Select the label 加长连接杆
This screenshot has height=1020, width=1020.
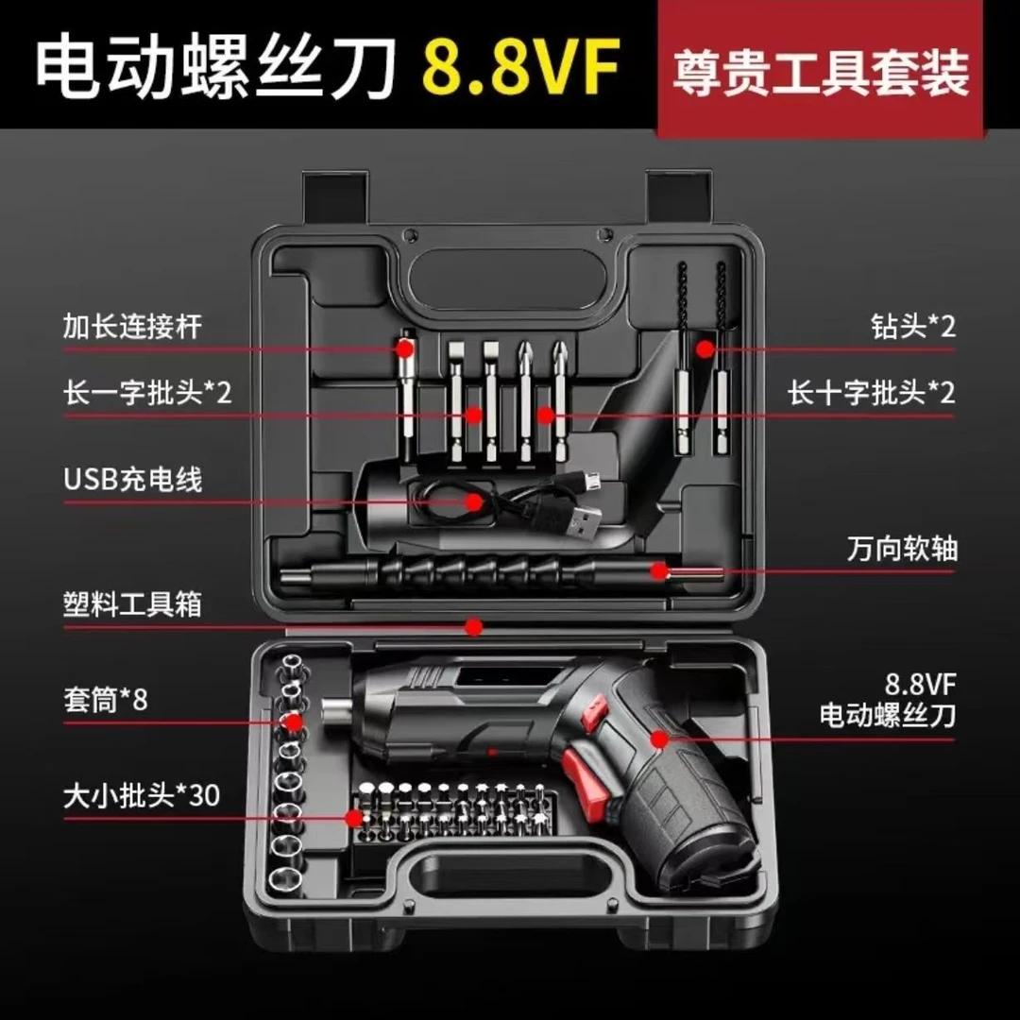(x=133, y=328)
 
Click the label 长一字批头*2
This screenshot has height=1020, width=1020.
(x=147, y=393)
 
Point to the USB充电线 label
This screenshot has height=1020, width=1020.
(x=133, y=479)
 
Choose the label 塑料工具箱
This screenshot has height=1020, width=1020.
(x=133, y=603)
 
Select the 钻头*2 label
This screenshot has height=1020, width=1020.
(x=912, y=327)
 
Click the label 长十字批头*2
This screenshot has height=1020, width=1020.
(x=872, y=393)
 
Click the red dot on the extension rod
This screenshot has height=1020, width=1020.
(x=405, y=348)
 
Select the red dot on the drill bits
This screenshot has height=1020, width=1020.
(x=704, y=348)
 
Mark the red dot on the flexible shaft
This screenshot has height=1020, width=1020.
(x=658, y=570)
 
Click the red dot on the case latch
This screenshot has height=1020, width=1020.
(x=474, y=625)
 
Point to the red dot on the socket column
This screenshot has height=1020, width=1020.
(x=293, y=723)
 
